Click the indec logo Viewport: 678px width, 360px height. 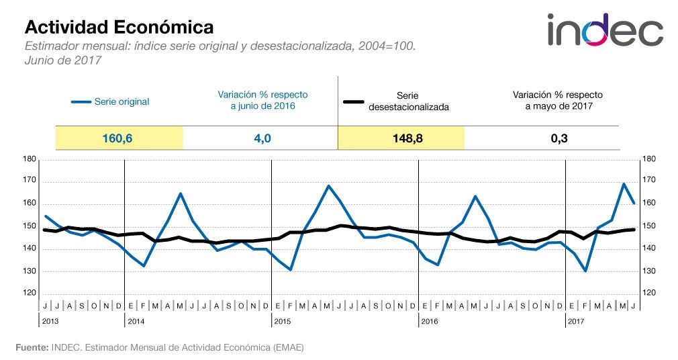tap(604, 31)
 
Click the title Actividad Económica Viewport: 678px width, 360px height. tap(119, 27)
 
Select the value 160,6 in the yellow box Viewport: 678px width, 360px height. tap(119, 139)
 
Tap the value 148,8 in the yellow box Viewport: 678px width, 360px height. tap(401, 139)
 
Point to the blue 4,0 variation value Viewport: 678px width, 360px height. tap(260, 139)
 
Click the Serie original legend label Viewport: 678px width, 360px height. tap(122, 102)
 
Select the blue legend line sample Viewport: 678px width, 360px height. tap(81, 102)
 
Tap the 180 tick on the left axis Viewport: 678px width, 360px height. tap(28, 159)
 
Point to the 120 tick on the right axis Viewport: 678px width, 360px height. tap(649, 294)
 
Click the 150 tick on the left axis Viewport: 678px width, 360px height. tap(28, 226)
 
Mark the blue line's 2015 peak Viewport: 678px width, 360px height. tap(328, 185)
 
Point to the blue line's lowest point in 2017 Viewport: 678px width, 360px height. tap(586, 271)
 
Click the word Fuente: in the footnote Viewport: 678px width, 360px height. tap(32, 347)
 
